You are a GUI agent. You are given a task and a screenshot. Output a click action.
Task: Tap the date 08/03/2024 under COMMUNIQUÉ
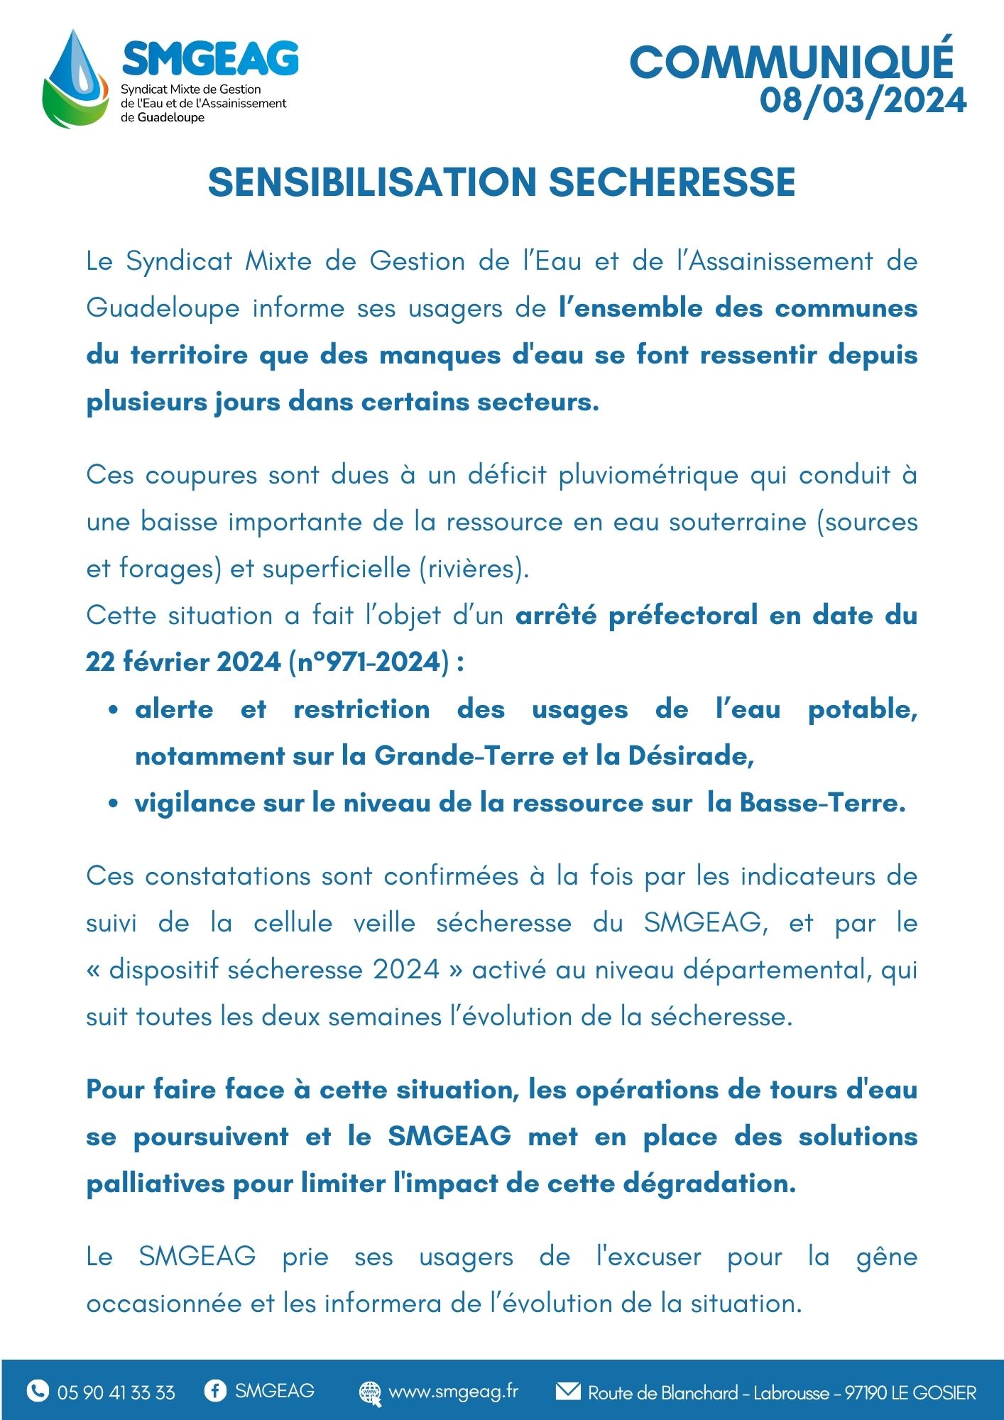[863, 100]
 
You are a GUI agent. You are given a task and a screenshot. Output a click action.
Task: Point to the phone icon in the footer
[38, 1390]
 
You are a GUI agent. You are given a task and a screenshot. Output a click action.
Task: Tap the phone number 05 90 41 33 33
[116, 1392]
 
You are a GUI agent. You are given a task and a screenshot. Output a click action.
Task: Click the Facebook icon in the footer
[214, 1390]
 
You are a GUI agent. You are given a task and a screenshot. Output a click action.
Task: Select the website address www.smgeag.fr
[453, 1391]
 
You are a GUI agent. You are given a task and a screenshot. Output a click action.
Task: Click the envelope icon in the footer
[567, 1390]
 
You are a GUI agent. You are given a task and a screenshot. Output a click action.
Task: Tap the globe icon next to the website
[370, 1392]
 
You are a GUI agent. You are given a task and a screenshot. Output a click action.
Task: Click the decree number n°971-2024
[369, 662]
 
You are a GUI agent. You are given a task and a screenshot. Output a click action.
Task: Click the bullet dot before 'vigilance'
[113, 804]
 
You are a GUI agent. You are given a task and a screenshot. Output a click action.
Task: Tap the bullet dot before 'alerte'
[113, 709]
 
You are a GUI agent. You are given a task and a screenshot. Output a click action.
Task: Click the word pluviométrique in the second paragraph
[648, 475]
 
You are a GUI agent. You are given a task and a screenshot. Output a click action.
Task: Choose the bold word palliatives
[155, 1184]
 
